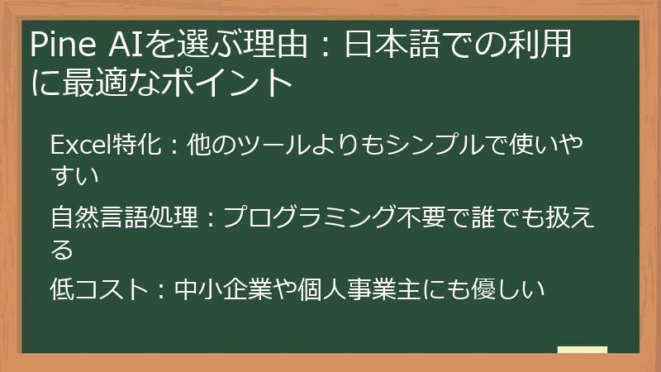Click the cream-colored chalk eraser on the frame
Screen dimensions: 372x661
[x=583, y=351]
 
